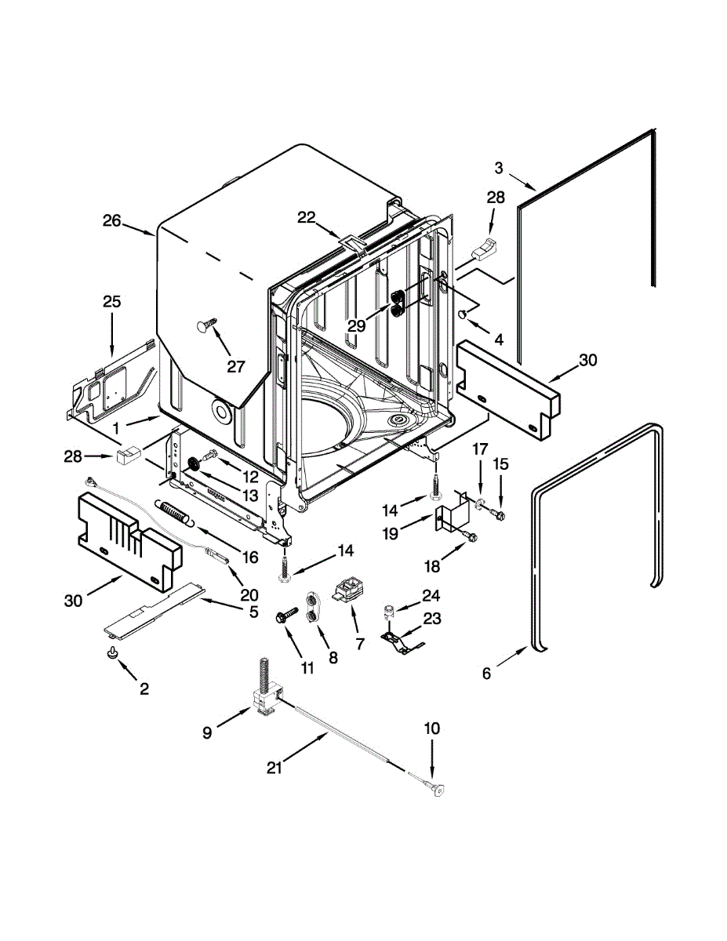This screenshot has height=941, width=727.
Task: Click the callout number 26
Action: [x=111, y=221]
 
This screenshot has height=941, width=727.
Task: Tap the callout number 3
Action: [x=499, y=166]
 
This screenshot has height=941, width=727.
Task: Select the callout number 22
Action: [x=306, y=217]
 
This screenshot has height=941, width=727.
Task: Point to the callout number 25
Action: [x=111, y=301]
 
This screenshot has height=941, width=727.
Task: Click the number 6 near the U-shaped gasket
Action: [x=487, y=673]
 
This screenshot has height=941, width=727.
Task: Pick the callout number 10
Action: [x=432, y=728]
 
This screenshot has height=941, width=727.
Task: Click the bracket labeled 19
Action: [x=449, y=517]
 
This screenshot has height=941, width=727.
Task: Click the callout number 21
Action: [x=273, y=769]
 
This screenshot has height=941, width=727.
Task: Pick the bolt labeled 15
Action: [x=499, y=514]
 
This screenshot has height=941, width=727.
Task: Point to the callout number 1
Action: [x=117, y=428]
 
